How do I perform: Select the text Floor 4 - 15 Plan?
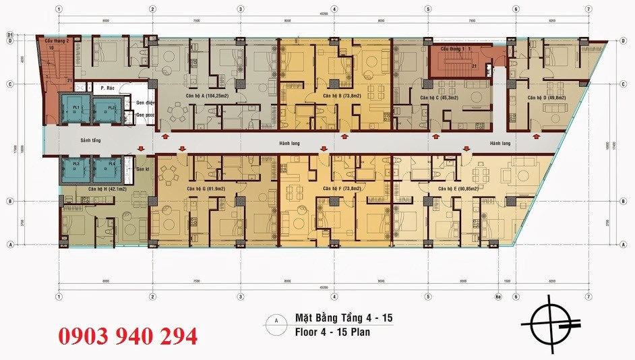tap(332, 332)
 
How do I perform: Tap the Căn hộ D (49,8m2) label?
tap(547, 97)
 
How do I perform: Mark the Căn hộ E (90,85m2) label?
tap(458, 189)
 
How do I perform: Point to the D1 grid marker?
tap(11, 34)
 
